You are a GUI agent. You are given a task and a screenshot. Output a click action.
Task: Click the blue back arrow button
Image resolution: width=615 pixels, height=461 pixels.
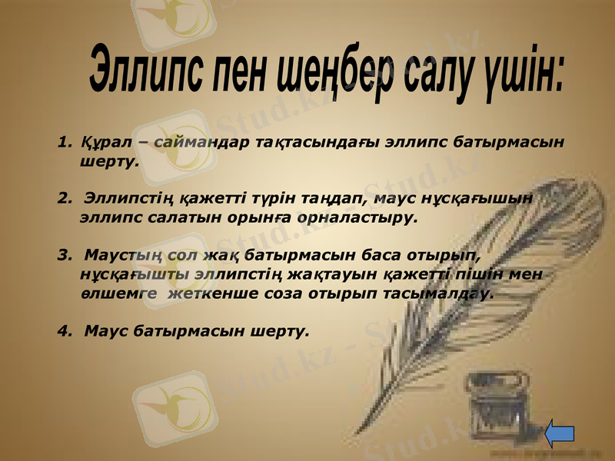[560, 433]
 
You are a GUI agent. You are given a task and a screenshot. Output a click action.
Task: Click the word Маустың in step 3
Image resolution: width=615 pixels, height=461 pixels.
[115, 254]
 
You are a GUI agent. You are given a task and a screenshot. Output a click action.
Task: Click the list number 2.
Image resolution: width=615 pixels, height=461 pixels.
[62, 198]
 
